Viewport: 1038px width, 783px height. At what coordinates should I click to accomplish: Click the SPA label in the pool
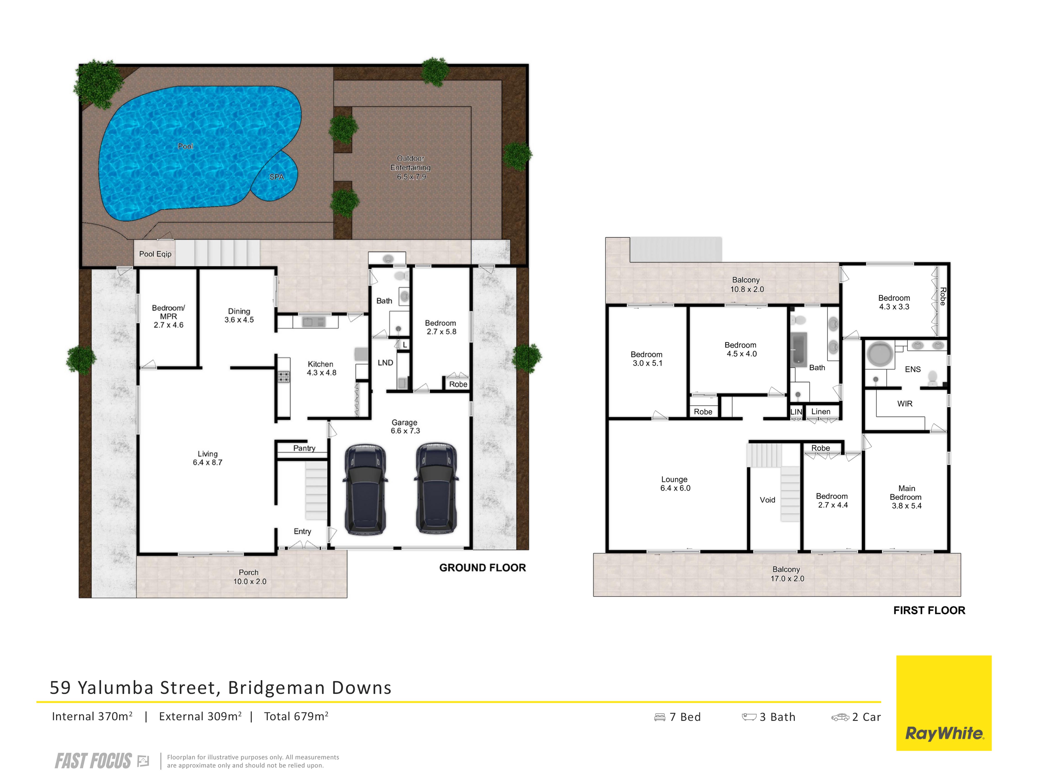276,177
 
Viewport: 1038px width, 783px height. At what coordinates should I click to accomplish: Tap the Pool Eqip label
155,254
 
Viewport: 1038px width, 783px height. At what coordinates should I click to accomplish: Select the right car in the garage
436,488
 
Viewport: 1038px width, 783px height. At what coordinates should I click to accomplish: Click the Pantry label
304,448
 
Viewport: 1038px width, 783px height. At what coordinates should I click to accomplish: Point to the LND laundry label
385,363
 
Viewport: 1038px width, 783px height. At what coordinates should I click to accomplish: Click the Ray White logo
944,703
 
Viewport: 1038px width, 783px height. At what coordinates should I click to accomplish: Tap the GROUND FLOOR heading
482,568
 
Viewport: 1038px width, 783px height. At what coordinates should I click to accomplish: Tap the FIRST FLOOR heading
929,610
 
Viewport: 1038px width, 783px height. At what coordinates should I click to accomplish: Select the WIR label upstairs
905,403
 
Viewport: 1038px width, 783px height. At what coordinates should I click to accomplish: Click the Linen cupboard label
821,411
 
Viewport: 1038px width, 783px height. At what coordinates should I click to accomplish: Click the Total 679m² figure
296,716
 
